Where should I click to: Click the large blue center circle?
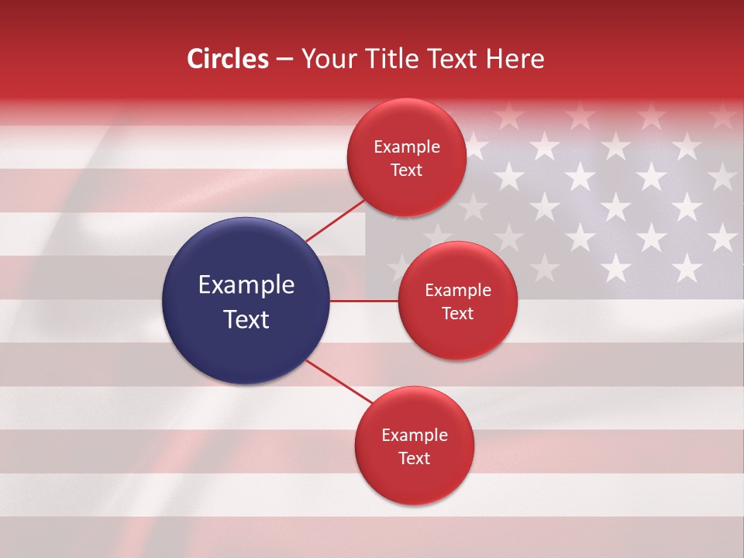click(246, 301)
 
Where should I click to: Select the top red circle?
click(406, 157)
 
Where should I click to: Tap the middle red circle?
click(457, 301)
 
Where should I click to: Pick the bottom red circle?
click(414, 446)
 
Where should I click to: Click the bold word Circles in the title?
click(227, 59)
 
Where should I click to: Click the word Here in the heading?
click(516, 59)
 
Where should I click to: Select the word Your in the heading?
click(325, 59)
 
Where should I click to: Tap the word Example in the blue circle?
click(246, 284)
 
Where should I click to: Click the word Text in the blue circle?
click(246, 319)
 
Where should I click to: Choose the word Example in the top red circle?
click(407, 146)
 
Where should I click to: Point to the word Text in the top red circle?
click(407, 170)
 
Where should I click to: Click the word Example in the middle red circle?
click(458, 290)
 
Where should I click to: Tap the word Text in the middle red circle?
click(458, 313)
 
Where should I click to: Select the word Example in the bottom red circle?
click(415, 435)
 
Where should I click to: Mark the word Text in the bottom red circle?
click(415, 458)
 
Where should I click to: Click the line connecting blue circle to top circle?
click(335, 221)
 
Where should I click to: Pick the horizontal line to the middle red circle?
click(363, 301)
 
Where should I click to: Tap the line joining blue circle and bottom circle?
click(338, 381)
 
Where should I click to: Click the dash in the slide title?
click(284, 60)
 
